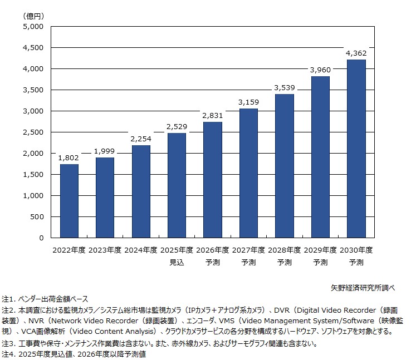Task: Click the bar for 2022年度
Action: pos(69,201)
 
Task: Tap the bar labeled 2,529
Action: pos(177,185)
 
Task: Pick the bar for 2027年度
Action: pos(248,173)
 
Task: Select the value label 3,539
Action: pos(284,88)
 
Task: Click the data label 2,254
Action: pos(141,139)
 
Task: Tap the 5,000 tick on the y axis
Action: pos(34,26)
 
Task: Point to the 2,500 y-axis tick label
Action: pos(34,132)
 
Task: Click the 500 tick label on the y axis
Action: pos(37,217)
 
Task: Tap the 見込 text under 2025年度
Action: pos(177,262)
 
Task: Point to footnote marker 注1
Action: pos(8,299)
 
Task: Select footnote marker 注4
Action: pos(8,353)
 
